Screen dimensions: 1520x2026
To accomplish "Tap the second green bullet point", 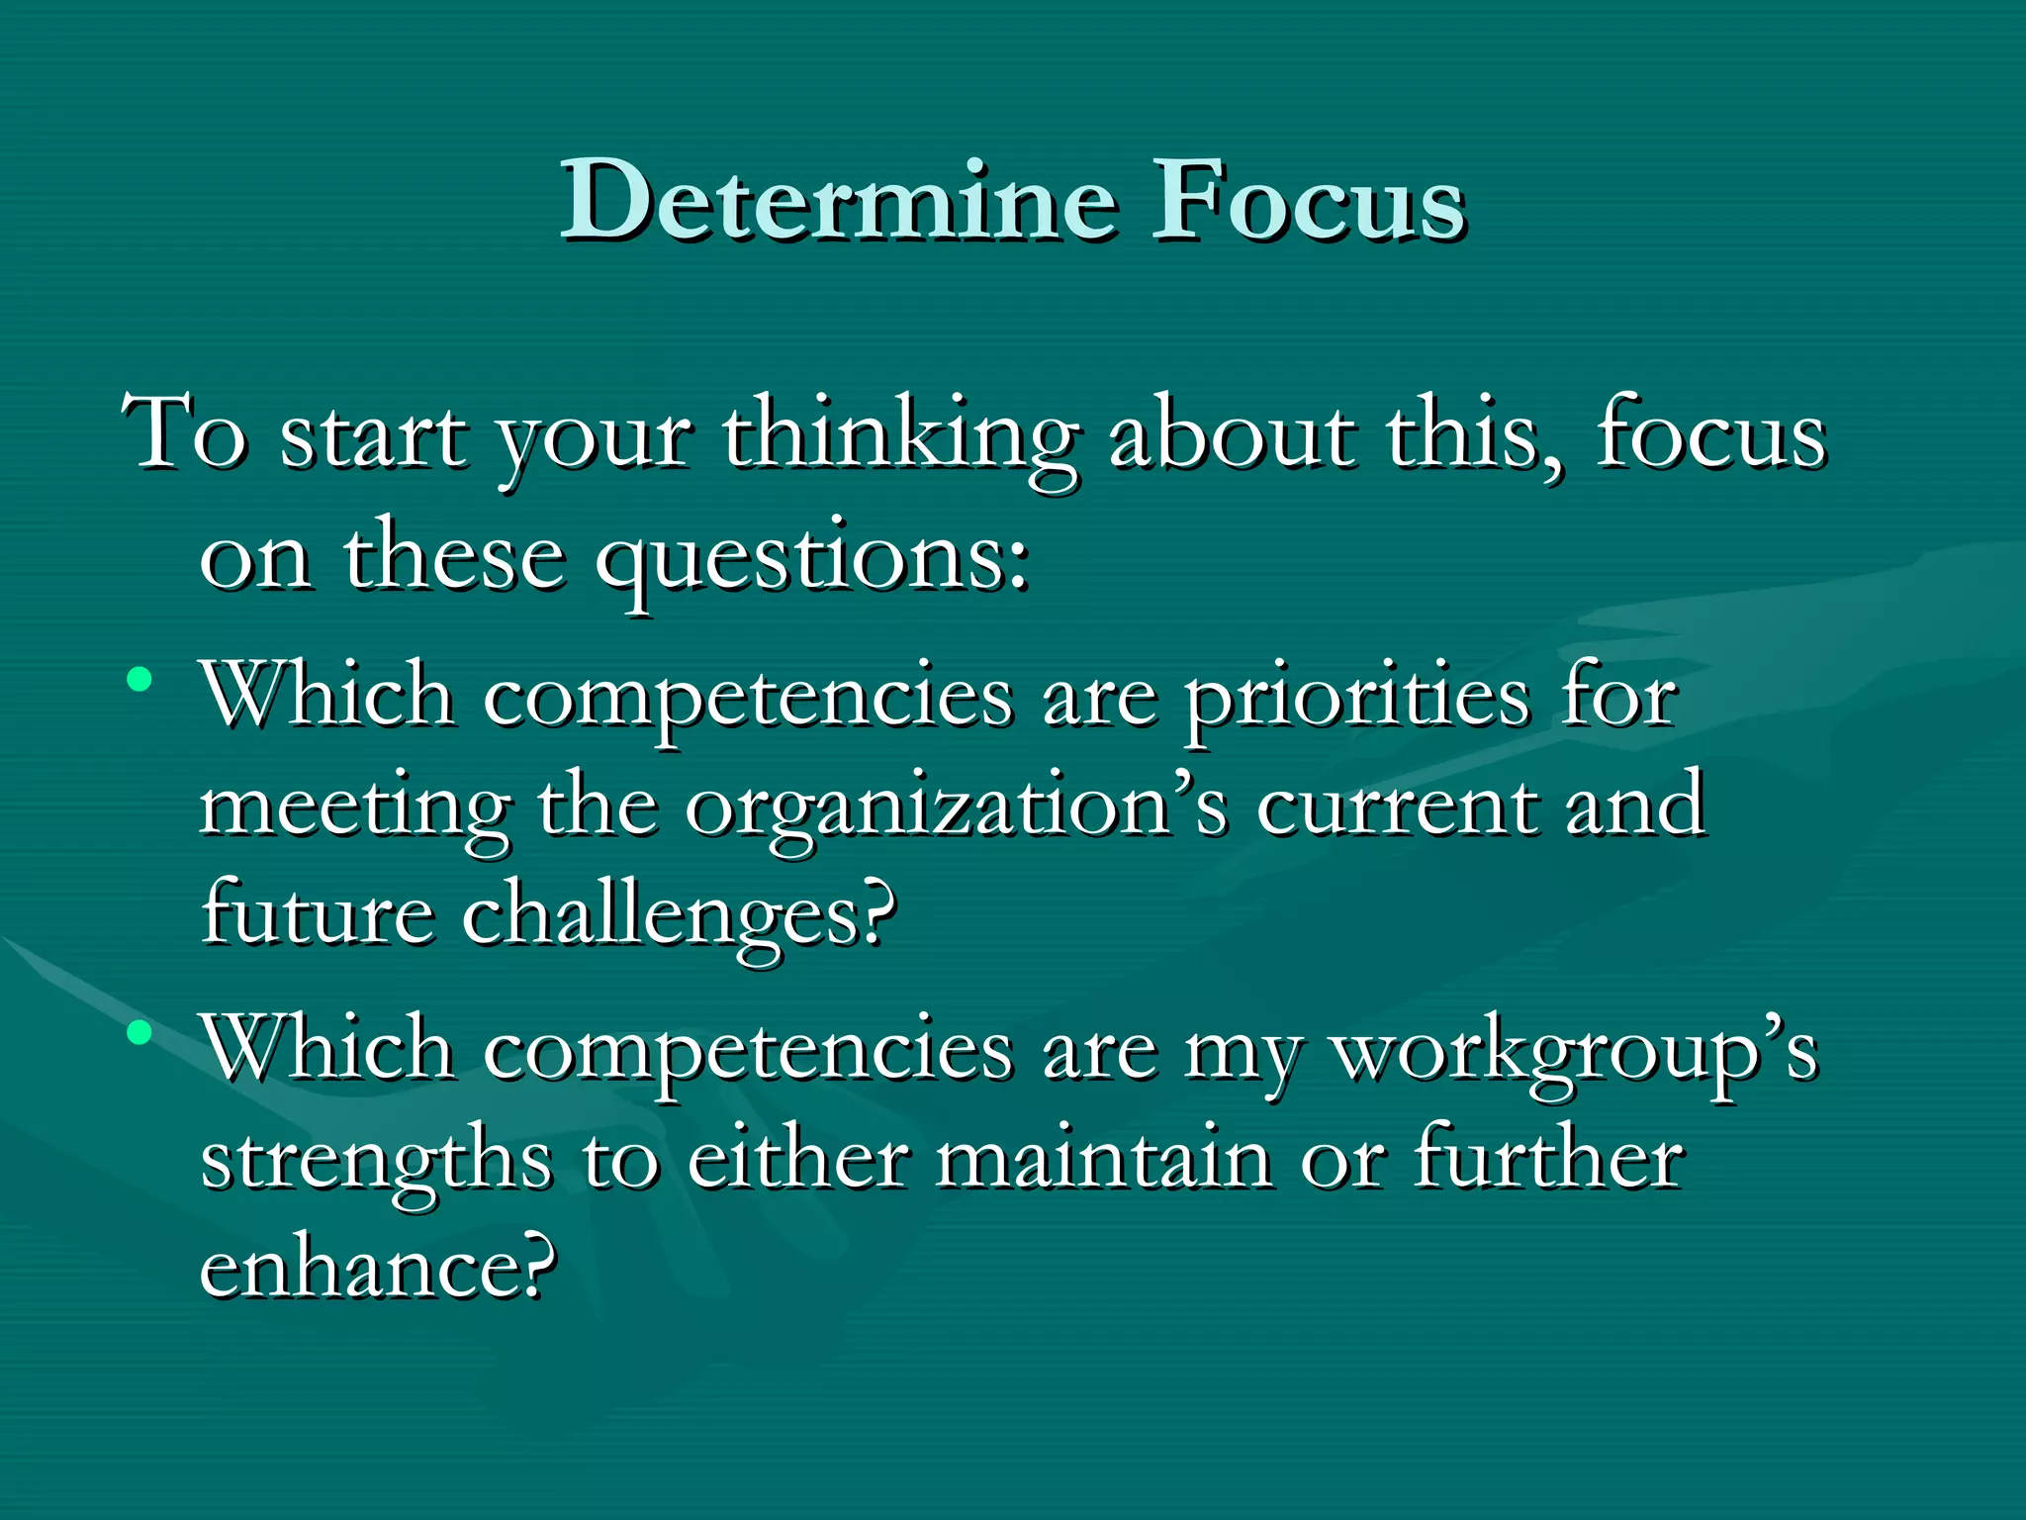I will pyautogui.click(x=139, y=1033).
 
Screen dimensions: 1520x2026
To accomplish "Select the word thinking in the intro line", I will pyautogui.click(x=899, y=440).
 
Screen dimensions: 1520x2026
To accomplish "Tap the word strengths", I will pyautogui.click(x=376, y=1164).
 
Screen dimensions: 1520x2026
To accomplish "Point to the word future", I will pyautogui.click(x=317, y=912).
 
